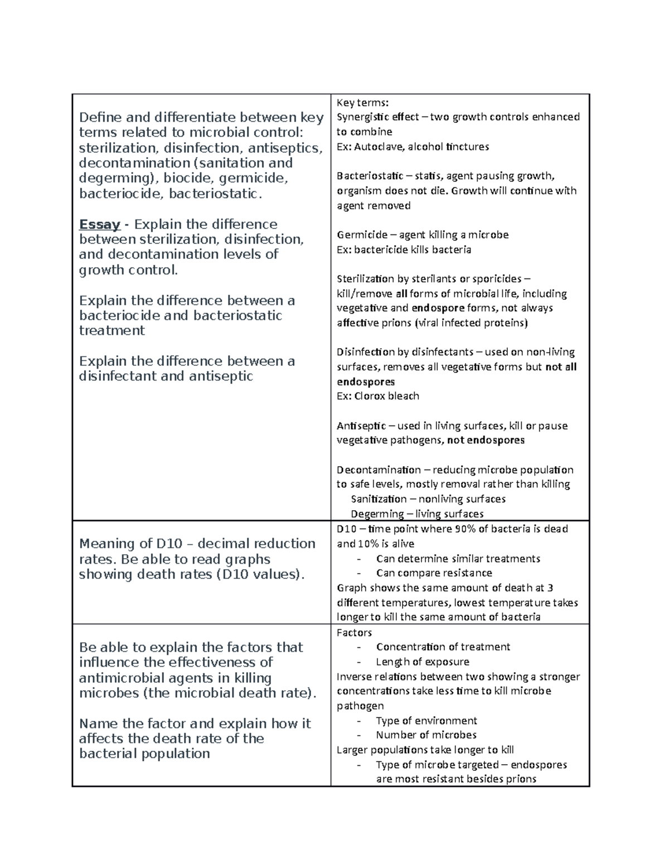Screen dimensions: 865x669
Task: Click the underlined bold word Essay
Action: pyautogui.click(x=100, y=224)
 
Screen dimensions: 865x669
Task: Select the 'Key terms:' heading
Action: pyautogui.click(x=362, y=102)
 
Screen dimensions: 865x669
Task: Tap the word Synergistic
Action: pyautogui.click(x=362, y=117)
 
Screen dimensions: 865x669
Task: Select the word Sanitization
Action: pyautogui.click(x=379, y=499)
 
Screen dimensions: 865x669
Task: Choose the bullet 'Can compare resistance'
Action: pyautogui.click(x=434, y=573)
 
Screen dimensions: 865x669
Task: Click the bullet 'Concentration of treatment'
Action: pyautogui.click(x=443, y=647)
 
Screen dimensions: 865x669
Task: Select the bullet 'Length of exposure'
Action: pyautogui.click(x=422, y=662)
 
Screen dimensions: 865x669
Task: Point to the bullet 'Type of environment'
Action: pyautogui.click(x=426, y=721)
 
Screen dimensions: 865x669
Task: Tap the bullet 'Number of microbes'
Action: pyautogui.click(x=426, y=735)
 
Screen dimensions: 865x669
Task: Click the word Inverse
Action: pyautogui.click(x=353, y=677)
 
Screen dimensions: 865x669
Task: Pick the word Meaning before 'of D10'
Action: pyautogui.click(x=107, y=544)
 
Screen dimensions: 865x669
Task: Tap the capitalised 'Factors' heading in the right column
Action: pyautogui.click(x=354, y=633)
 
